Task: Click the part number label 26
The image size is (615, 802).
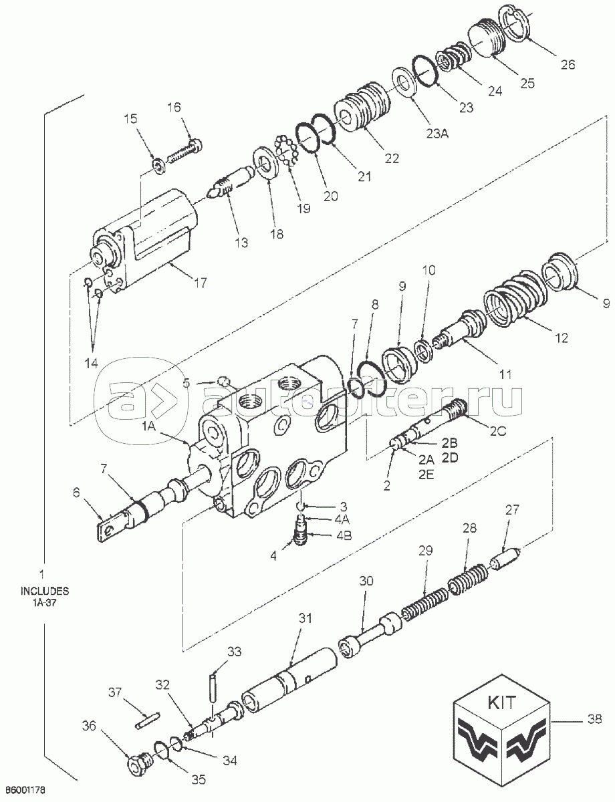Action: pos(568,65)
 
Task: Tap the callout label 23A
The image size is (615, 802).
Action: pos(437,133)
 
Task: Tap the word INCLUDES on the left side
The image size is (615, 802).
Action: pos(45,591)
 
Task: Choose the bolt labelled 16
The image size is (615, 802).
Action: pos(185,151)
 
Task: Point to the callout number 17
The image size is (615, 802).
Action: pos(200,283)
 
